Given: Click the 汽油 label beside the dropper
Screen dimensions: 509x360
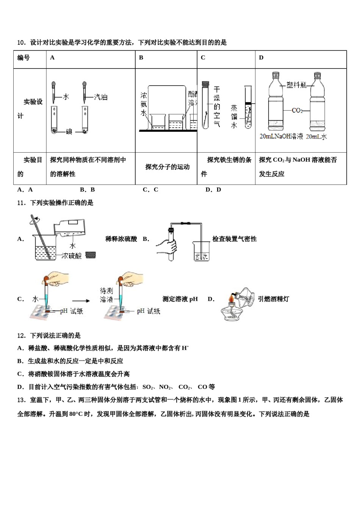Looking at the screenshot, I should [100, 97].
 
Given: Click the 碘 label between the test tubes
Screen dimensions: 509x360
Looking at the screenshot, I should [69, 132].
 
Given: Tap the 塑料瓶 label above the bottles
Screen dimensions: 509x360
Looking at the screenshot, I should [296, 85].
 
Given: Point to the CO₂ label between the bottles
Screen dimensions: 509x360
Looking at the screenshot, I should [297, 110].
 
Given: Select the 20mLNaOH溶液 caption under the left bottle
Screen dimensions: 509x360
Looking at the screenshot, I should [281, 136].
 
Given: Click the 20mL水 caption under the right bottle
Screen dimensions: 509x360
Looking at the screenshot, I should [316, 136].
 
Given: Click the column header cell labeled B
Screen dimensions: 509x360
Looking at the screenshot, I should [141, 58].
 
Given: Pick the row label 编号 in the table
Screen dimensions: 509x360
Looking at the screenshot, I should [23, 58].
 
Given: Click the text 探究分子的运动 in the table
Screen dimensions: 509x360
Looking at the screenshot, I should [167, 167].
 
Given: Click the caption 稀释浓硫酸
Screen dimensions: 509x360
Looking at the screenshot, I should [121, 239].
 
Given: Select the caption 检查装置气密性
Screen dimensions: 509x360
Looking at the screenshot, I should [234, 239].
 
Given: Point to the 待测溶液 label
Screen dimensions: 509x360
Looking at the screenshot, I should [106, 295].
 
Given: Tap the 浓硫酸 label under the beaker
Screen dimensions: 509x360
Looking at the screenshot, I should [71, 256].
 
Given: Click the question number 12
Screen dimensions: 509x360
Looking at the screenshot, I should [21, 336].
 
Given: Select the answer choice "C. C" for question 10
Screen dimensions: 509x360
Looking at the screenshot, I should [150, 190].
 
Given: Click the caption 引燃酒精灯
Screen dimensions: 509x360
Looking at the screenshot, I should [273, 299].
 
